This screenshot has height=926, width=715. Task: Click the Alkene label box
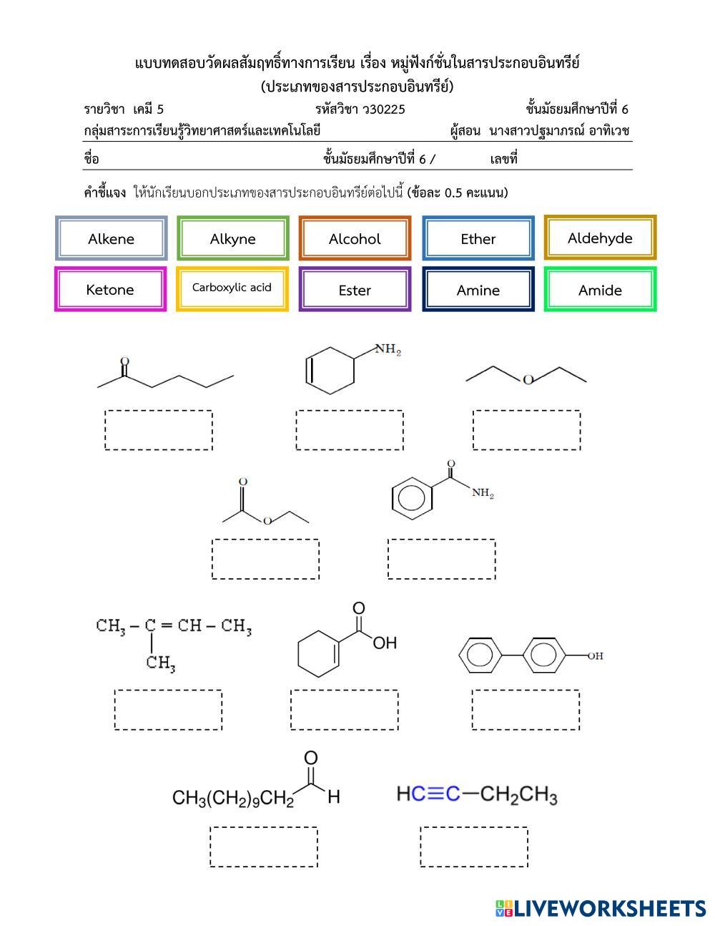111,238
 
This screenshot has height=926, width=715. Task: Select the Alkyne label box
233,238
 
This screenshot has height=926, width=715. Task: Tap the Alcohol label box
355,238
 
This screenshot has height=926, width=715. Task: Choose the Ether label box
478,238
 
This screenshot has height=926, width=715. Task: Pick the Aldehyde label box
600,238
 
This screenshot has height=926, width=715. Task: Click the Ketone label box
110,289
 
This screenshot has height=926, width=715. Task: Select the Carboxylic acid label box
232,289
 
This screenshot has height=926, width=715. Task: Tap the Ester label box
355,289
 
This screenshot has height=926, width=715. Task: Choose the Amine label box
478,289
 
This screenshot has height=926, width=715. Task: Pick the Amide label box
600,289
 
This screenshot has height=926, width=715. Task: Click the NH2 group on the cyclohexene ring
388,349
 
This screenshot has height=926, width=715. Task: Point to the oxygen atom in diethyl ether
528,380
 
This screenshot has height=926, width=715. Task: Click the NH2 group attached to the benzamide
483,493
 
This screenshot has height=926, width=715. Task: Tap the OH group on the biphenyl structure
595,655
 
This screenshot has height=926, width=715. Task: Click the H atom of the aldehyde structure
334,797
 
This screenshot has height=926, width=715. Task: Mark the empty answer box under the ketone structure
159,430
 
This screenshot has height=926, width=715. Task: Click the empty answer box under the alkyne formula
474,847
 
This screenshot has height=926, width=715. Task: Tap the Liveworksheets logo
601,908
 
